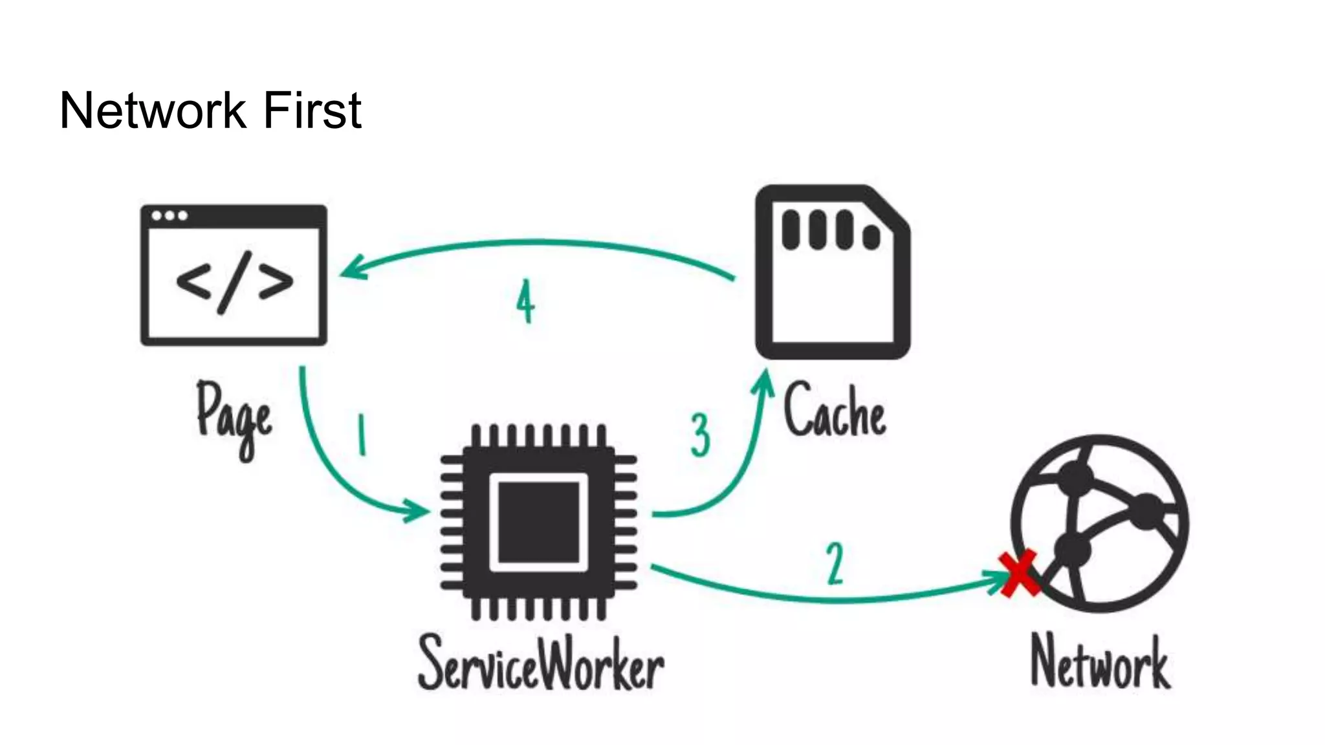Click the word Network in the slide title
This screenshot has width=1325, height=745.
[152, 111]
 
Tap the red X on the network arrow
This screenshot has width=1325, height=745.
[1018, 574]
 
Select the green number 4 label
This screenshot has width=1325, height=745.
[525, 301]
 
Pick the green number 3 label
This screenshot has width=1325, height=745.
[700, 435]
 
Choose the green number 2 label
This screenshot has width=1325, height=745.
[835, 563]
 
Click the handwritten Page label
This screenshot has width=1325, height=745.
[234, 418]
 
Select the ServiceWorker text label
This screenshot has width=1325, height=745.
[541, 663]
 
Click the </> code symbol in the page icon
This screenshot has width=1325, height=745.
[234, 283]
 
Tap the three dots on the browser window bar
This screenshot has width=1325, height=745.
[170, 216]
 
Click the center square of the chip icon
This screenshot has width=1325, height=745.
[539, 523]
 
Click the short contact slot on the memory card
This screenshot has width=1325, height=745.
[871, 237]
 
